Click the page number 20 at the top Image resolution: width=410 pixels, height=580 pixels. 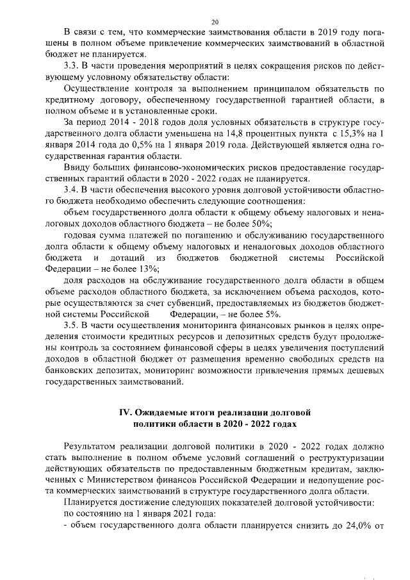click(x=206, y=22)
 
